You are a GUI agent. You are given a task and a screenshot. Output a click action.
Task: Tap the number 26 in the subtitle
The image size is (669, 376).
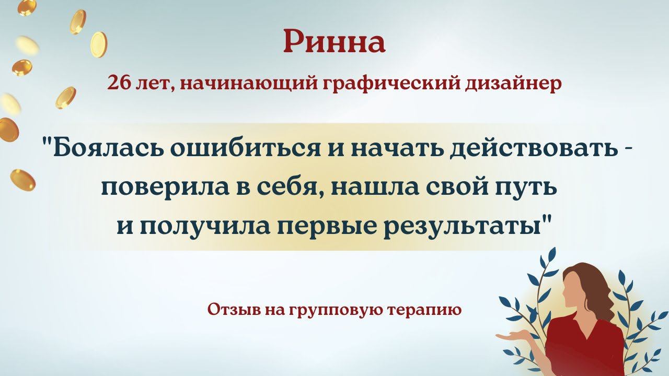pyautogui.click(x=118, y=83)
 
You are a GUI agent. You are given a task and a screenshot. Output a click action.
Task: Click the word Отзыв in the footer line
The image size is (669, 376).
pyautogui.click(x=233, y=310)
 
